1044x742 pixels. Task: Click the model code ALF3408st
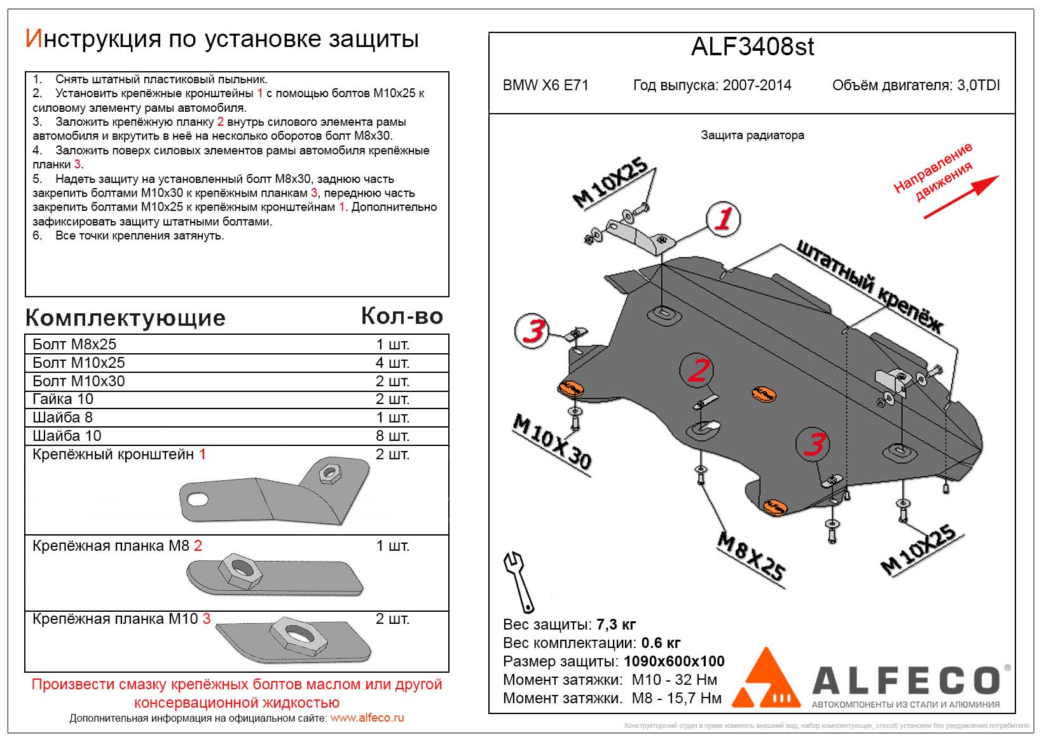(x=752, y=48)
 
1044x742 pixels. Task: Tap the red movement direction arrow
(x=961, y=197)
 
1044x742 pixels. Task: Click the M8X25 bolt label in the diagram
(x=751, y=556)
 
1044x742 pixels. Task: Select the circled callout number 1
(x=723, y=219)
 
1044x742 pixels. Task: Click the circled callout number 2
(x=697, y=370)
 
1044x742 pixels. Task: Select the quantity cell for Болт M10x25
(x=392, y=363)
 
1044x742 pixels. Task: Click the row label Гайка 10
(x=63, y=399)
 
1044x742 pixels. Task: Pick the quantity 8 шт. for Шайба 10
(x=392, y=436)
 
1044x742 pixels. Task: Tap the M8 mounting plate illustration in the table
(x=277, y=576)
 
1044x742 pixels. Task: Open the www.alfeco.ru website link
(x=367, y=718)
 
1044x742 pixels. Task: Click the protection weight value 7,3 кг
(x=616, y=624)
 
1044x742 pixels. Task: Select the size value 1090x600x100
(x=674, y=661)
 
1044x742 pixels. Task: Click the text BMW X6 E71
(x=546, y=86)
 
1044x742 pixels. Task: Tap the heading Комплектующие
(x=125, y=318)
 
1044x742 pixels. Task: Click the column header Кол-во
(x=401, y=316)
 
